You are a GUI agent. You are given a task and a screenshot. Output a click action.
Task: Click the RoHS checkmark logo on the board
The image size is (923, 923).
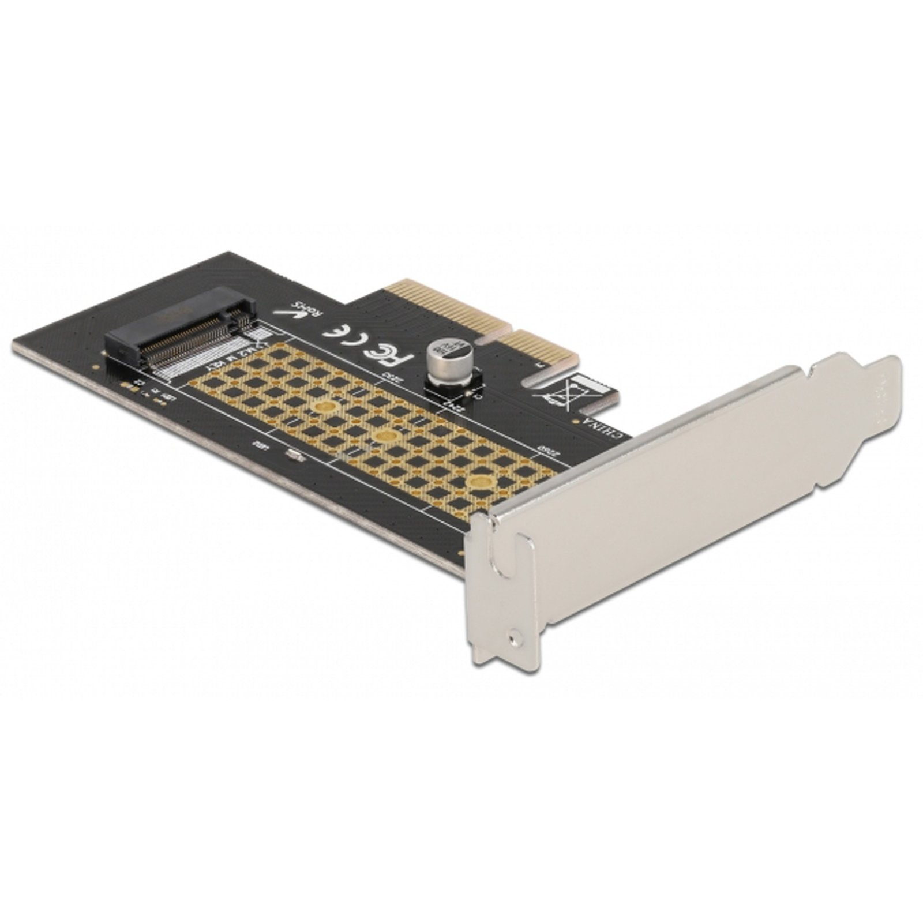(x=294, y=312)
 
